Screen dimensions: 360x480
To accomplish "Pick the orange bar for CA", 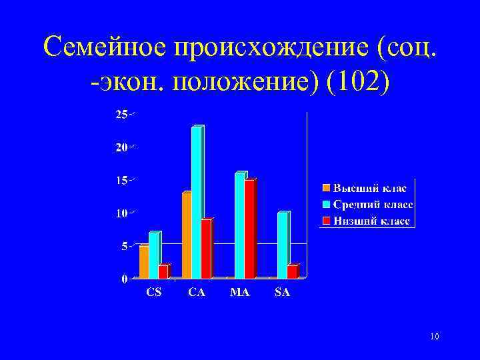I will pos(187,235).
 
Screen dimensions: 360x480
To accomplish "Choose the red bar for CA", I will pos(206,248).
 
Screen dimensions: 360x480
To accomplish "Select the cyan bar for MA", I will pos(239,225).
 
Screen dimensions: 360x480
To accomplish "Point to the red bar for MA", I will pos(249,229).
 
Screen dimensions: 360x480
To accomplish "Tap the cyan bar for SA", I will pos(282,245).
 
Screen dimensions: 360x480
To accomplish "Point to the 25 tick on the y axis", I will pos(121,115).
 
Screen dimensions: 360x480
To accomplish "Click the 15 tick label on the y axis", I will pos(121,180).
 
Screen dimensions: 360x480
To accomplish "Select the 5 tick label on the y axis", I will pos(124,245).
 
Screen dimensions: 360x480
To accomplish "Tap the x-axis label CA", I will pos(197,291).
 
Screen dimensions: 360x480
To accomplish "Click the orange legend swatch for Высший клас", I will pos(326,188).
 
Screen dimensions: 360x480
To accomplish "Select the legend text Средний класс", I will pos(373,204).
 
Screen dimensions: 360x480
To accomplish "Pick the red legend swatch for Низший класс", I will pos(326,220).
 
